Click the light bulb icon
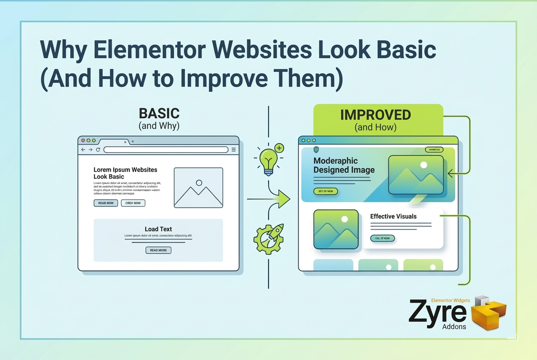pyautogui.click(x=268, y=161)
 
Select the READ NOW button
pyautogui.click(x=106, y=203)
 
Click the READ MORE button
pyautogui.click(x=158, y=250)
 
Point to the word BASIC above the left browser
pyautogui.click(x=159, y=113)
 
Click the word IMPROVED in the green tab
pyautogui.click(x=376, y=115)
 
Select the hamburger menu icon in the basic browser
pyautogui.click(x=234, y=150)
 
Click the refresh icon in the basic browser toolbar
pyautogui.click(x=98, y=150)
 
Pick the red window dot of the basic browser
pyautogui.click(x=83, y=140)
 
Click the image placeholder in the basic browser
pyautogui.click(x=198, y=187)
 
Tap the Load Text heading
pyautogui.click(x=158, y=229)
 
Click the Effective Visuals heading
pyautogui.click(x=393, y=216)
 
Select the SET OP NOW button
pyautogui.click(x=326, y=191)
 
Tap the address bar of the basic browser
pyautogui.click(x=166, y=150)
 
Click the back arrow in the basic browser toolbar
pyautogui.click(x=83, y=150)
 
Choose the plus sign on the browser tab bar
pyautogui.click(x=133, y=142)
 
